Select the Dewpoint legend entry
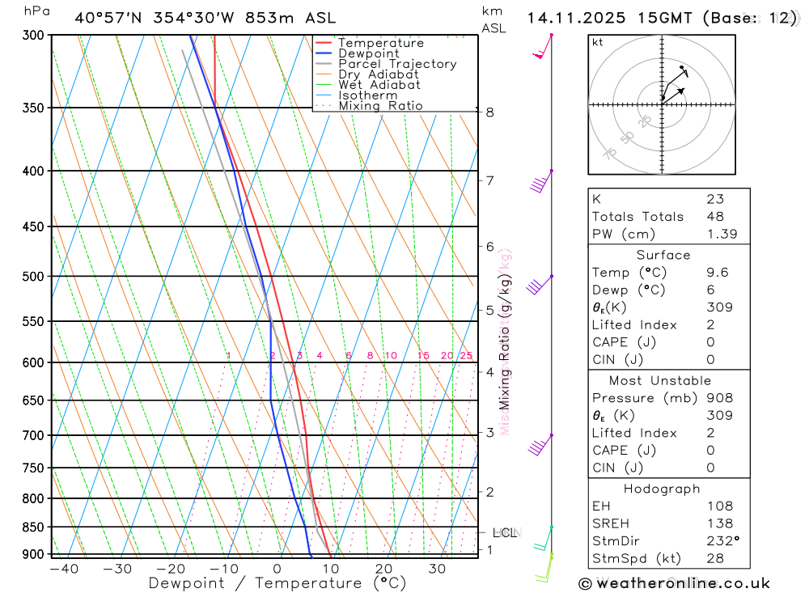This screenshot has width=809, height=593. click(368, 53)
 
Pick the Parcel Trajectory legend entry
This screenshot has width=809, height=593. click(396, 64)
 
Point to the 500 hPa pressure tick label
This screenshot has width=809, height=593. click(32, 277)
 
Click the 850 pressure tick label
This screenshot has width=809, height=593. click(32, 527)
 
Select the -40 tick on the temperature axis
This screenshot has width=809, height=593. click(64, 570)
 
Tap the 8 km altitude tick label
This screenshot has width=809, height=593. click(490, 112)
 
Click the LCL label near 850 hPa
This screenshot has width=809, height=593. click(504, 533)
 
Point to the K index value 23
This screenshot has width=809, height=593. click(715, 199)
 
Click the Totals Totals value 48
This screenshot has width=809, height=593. click(715, 217)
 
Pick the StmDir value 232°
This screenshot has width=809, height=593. click(722, 541)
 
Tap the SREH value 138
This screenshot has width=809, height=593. click(718, 523)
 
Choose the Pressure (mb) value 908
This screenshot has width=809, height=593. click(719, 398)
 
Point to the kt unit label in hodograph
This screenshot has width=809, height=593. click(598, 42)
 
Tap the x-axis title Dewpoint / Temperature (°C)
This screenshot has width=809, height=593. click(277, 583)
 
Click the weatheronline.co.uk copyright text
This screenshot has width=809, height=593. click(675, 583)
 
